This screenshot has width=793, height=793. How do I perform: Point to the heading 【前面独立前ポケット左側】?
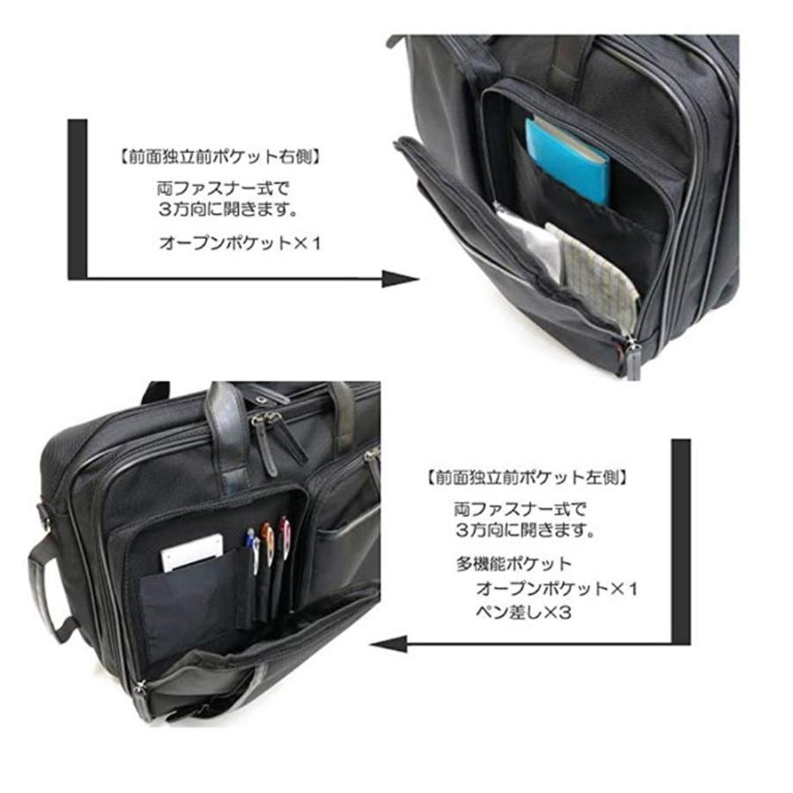point(527,478)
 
